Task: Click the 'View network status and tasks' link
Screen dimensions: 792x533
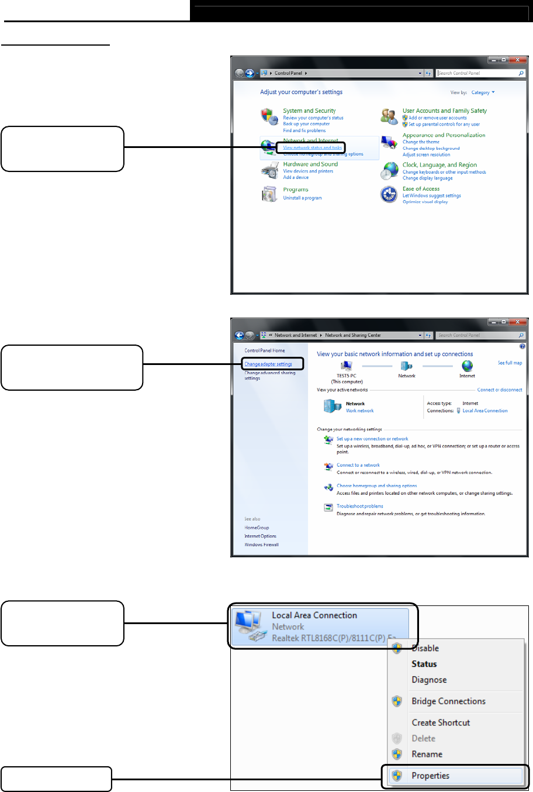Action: coord(312,148)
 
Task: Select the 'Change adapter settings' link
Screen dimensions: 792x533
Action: coord(268,364)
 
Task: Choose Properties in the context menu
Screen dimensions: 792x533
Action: coord(431,776)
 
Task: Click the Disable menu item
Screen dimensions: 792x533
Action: coord(425,648)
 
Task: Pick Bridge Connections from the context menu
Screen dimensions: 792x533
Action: coord(448,701)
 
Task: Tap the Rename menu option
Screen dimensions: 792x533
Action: coord(427,754)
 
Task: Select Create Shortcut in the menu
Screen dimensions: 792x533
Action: coord(441,722)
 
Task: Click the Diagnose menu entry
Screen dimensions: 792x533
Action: coord(429,680)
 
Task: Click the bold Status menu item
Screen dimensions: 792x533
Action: coord(424,664)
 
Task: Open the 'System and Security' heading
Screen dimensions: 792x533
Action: coord(309,111)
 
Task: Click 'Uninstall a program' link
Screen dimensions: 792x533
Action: coord(302,198)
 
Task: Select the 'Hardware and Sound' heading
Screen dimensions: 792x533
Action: coord(310,164)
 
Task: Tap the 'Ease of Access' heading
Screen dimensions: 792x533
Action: coord(421,189)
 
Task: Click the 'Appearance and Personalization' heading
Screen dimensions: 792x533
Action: coord(444,135)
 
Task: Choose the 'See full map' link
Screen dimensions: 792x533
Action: coord(510,363)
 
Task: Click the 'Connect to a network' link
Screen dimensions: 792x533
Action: coord(358,466)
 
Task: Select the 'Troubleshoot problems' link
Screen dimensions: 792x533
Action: coord(359,507)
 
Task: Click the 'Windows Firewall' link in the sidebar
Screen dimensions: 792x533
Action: coord(261,545)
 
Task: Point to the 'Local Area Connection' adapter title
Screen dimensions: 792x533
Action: coord(314,615)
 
